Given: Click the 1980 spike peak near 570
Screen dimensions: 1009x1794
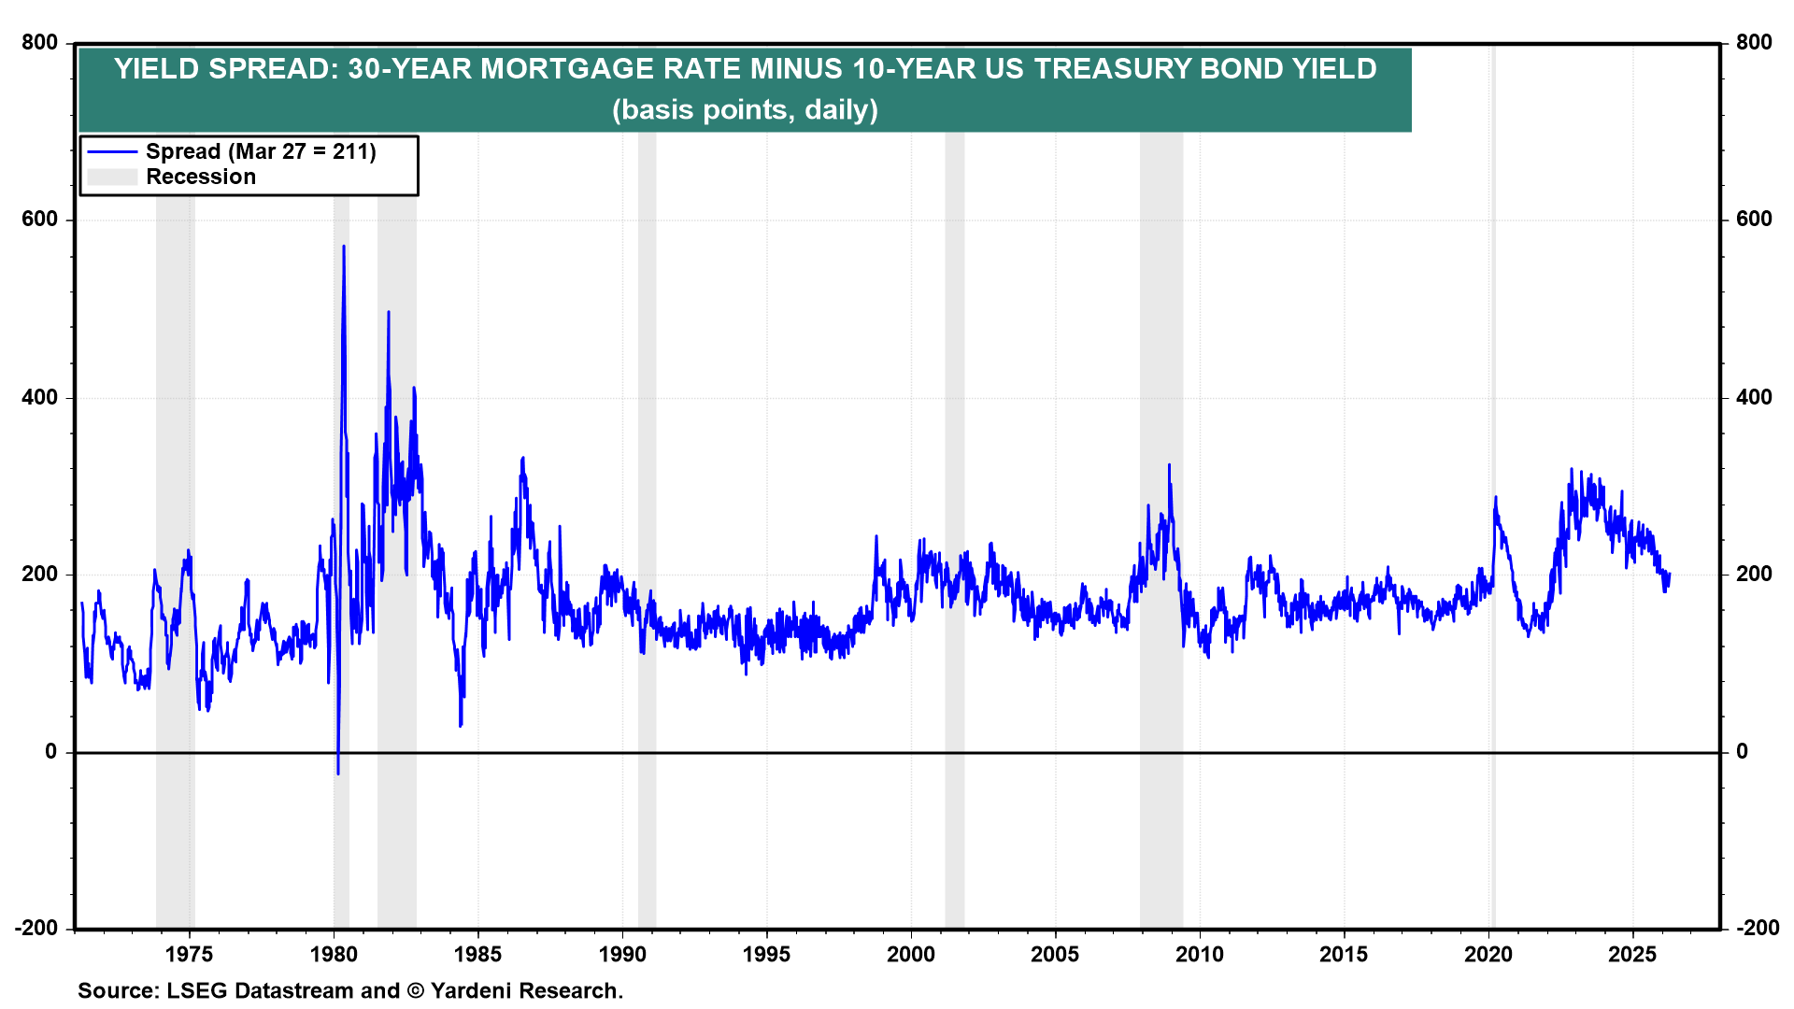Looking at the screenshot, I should [x=344, y=247].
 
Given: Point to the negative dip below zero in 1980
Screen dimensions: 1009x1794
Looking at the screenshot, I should [x=337, y=773].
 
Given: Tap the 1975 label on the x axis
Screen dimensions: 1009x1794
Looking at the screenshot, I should [x=189, y=954].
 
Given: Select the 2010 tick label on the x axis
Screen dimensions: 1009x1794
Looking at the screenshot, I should [x=1199, y=954].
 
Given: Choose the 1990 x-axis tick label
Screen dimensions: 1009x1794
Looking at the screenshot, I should [x=622, y=954].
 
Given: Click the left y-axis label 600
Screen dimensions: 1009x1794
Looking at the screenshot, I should [x=40, y=220].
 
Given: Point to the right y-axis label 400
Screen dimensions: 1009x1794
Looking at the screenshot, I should [x=1754, y=397].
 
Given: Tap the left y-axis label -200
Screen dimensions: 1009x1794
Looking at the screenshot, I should [x=36, y=928].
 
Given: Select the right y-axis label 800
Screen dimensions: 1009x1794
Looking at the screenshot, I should [x=1754, y=42].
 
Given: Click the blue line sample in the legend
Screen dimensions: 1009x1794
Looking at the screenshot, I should [x=112, y=151].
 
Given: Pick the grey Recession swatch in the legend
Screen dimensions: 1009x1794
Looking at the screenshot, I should [x=112, y=177].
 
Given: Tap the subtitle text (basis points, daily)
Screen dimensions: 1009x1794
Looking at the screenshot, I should [x=745, y=109].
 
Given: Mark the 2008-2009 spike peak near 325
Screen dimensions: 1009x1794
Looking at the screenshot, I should [x=1169, y=465].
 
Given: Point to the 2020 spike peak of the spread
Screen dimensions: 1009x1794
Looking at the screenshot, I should [x=1495, y=497].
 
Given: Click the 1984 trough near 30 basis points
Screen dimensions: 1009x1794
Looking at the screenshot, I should [x=461, y=725].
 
